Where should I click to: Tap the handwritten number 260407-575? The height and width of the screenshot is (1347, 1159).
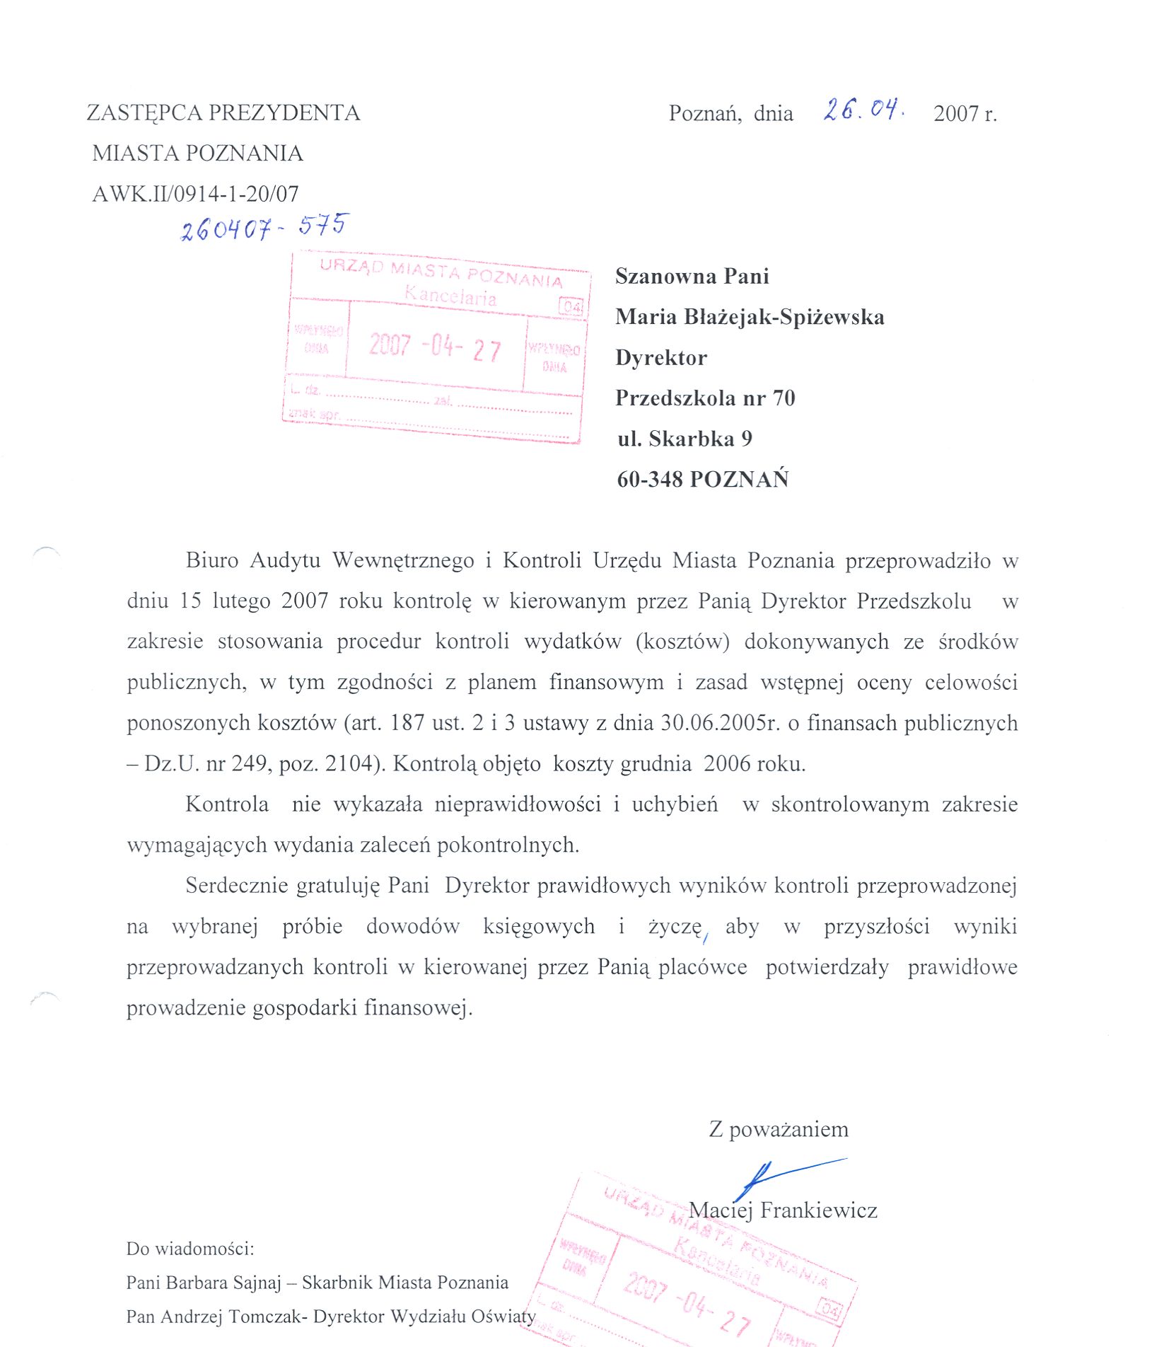click(x=264, y=227)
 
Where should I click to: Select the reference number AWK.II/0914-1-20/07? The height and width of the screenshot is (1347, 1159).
click(x=195, y=194)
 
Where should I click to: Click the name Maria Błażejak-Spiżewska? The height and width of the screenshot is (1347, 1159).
click(x=750, y=317)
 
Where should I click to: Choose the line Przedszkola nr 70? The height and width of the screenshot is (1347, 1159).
click(x=705, y=398)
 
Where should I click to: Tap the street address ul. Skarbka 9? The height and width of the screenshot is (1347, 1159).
click(x=685, y=439)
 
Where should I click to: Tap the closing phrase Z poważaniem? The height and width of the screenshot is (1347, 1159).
click(x=779, y=1129)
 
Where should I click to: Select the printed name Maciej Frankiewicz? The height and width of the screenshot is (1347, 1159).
click(x=783, y=1210)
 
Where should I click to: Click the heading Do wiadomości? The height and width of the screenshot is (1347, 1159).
click(x=190, y=1249)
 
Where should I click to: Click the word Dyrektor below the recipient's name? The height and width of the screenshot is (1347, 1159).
click(x=661, y=358)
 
